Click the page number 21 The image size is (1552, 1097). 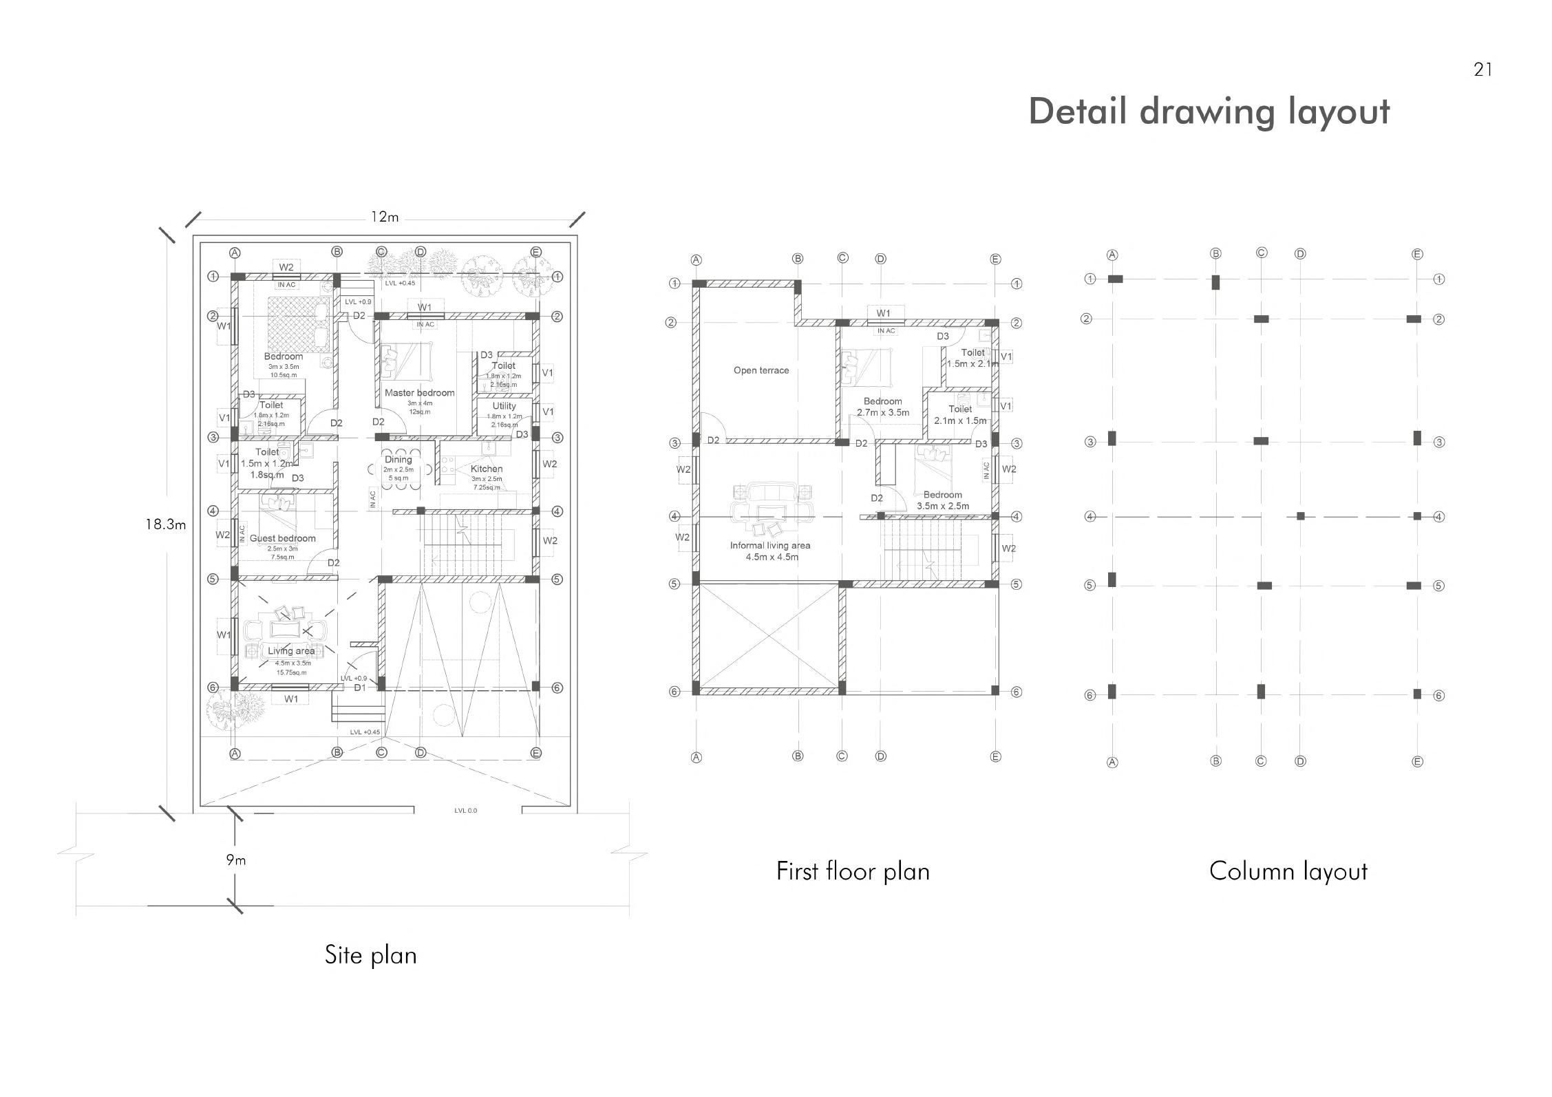tap(1482, 70)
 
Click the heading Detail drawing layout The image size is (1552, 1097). tap(1209, 111)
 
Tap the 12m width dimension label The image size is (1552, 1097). tap(385, 217)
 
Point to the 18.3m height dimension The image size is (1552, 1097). tap(165, 524)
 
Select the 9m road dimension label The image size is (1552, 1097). tap(236, 860)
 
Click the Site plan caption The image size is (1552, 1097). tap(370, 955)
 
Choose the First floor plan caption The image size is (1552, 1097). tap(853, 871)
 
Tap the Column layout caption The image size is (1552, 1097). tap(1288, 871)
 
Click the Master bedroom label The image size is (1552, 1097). tap(419, 393)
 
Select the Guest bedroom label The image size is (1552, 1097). tap(283, 538)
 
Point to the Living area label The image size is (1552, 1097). tap(291, 651)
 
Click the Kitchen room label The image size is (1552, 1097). tap(487, 469)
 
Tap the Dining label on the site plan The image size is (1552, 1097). tap(398, 460)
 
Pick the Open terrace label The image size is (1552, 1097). tap(761, 370)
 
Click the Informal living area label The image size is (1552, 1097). tap(770, 546)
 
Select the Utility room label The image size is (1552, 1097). tap(504, 406)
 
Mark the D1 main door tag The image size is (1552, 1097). tap(360, 688)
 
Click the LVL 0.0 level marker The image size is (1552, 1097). tap(465, 811)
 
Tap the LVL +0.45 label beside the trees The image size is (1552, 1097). tap(400, 283)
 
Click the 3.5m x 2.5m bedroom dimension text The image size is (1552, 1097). tap(943, 506)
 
